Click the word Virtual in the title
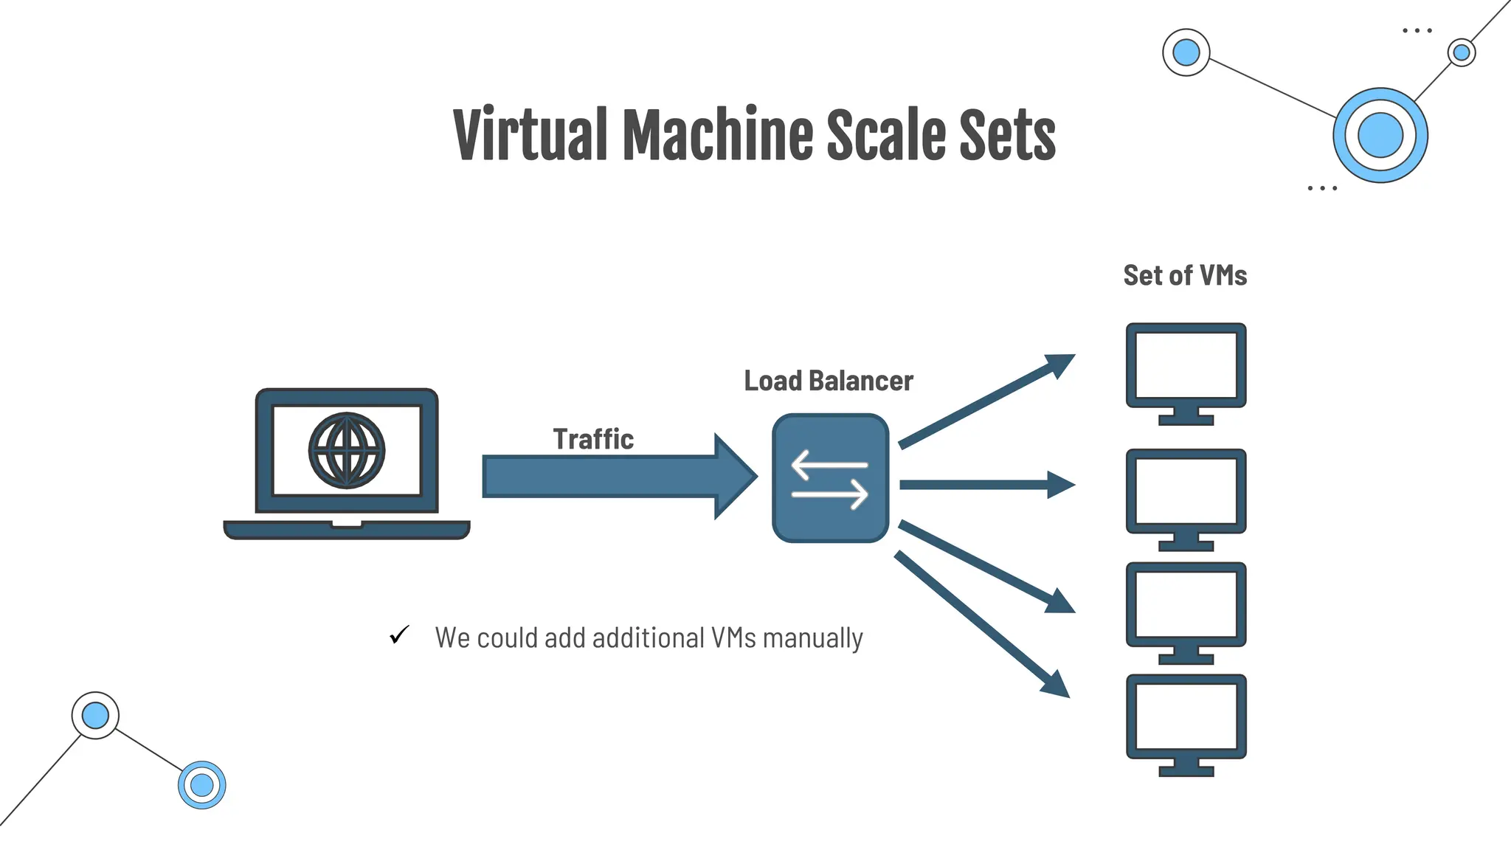coord(530,134)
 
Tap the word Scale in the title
coord(884,134)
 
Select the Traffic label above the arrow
coord(593,439)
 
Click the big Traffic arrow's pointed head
coord(734,477)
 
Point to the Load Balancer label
coord(828,381)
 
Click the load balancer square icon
coord(830,478)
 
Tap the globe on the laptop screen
coord(346,450)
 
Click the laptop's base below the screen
coord(346,530)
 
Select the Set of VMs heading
coord(1185,275)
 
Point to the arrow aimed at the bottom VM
coord(981,624)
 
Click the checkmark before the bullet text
coord(399,635)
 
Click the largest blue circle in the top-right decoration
coord(1380,136)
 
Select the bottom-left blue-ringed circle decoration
coord(202,785)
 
